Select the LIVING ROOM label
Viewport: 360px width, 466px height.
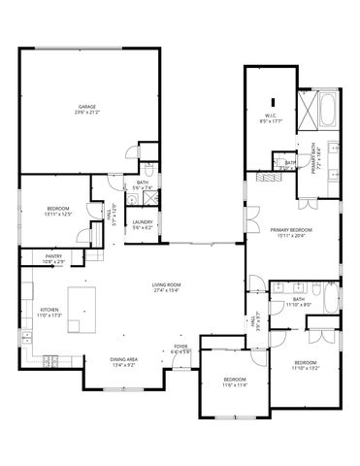click(x=167, y=284)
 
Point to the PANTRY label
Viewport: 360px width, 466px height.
click(x=52, y=257)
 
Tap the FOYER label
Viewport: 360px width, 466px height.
click(x=180, y=346)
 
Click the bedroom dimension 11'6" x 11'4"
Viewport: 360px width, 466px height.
click(x=236, y=385)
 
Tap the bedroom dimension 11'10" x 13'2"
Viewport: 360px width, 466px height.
click(x=305, y=368)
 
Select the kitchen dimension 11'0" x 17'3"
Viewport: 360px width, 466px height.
click(x=49, y=316)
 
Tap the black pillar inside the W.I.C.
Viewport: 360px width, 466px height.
click(x=275, y=101)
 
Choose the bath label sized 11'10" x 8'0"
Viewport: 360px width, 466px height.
click(x=299, y=305)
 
